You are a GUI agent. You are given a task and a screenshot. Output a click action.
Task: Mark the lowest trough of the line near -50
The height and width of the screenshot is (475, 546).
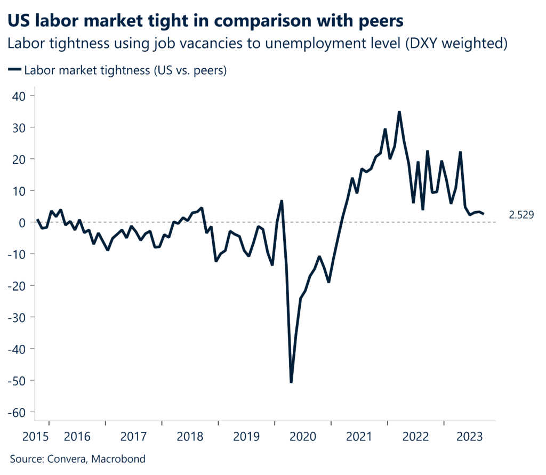291,382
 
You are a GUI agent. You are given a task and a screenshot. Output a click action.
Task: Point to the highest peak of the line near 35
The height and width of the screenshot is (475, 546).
399,112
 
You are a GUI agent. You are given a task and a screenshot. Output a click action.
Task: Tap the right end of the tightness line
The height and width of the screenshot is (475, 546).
483,214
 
